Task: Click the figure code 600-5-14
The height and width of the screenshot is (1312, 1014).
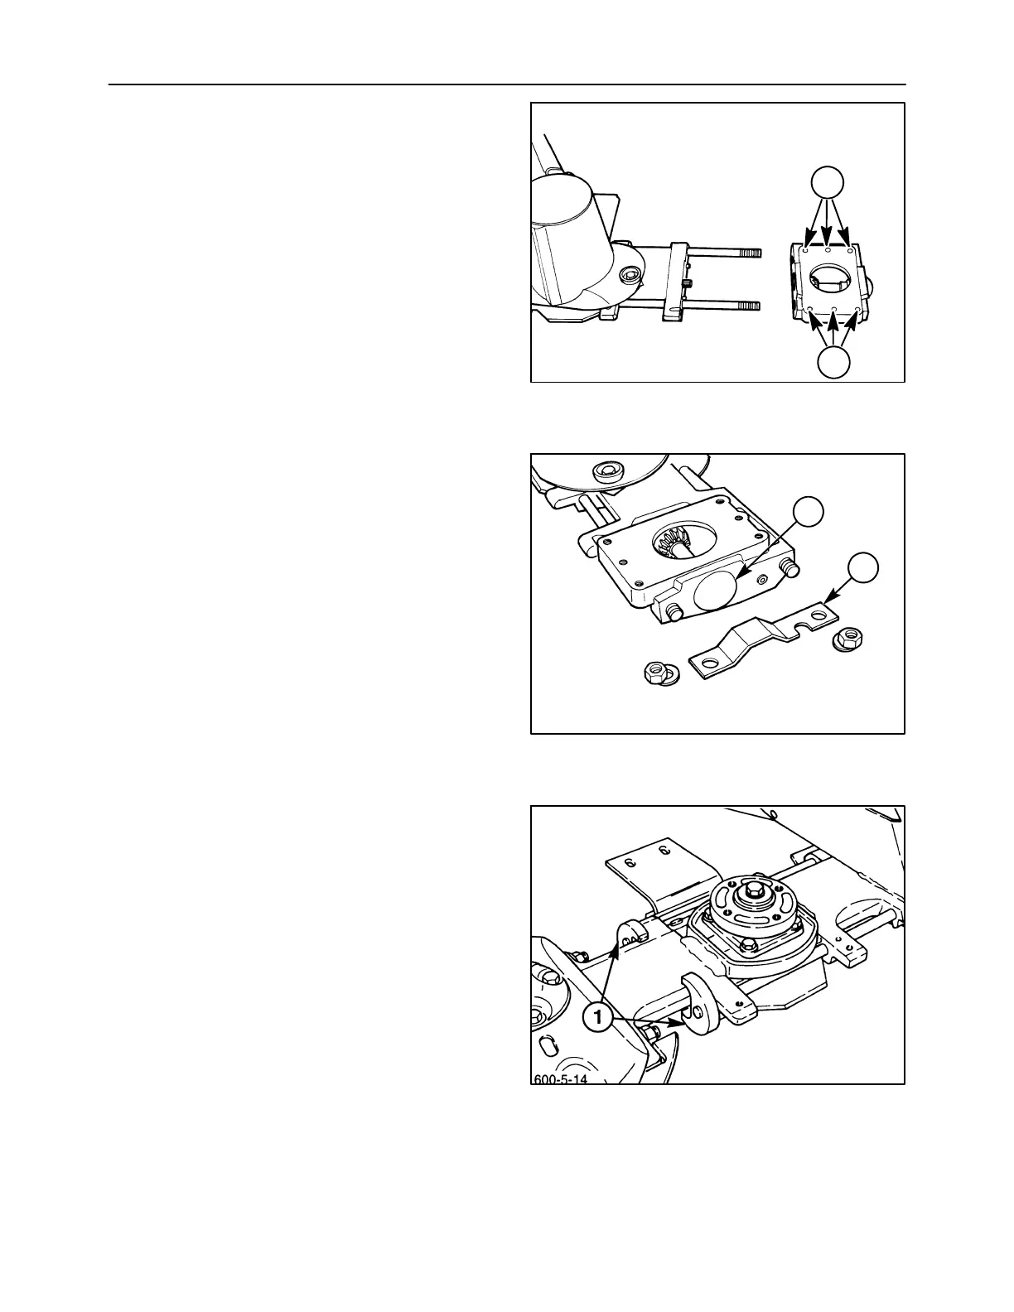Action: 562,1078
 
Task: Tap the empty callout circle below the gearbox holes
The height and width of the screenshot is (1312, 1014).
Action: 833,363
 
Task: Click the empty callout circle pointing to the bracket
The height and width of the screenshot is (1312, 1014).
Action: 863,568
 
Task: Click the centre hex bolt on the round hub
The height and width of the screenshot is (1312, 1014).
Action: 754,893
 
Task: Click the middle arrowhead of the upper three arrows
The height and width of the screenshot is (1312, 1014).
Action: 828,244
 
